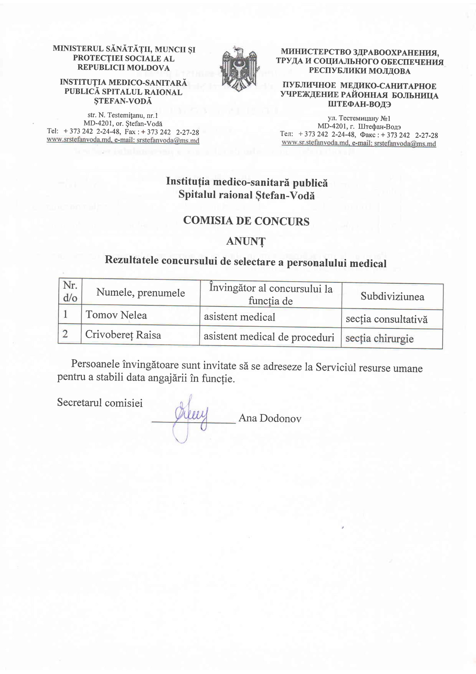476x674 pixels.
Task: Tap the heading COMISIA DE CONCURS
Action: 246,221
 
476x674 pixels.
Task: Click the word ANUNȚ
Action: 245,241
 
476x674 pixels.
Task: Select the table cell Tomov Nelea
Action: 116,315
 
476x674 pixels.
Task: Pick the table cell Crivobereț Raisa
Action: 123,335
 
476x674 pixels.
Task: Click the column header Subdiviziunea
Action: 392,297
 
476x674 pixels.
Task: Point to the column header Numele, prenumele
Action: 140,292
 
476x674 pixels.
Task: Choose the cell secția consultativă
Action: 386,319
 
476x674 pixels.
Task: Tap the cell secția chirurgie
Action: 379,339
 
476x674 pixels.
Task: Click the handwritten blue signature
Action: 191,417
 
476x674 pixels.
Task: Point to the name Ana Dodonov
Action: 270,418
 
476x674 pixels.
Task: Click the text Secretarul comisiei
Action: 100,403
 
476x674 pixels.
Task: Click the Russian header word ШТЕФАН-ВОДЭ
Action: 359,105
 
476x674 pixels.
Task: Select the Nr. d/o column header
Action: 70,292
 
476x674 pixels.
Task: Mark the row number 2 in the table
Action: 65,334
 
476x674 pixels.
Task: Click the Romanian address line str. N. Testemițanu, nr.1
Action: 123,115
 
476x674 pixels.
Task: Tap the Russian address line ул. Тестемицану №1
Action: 359,119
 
